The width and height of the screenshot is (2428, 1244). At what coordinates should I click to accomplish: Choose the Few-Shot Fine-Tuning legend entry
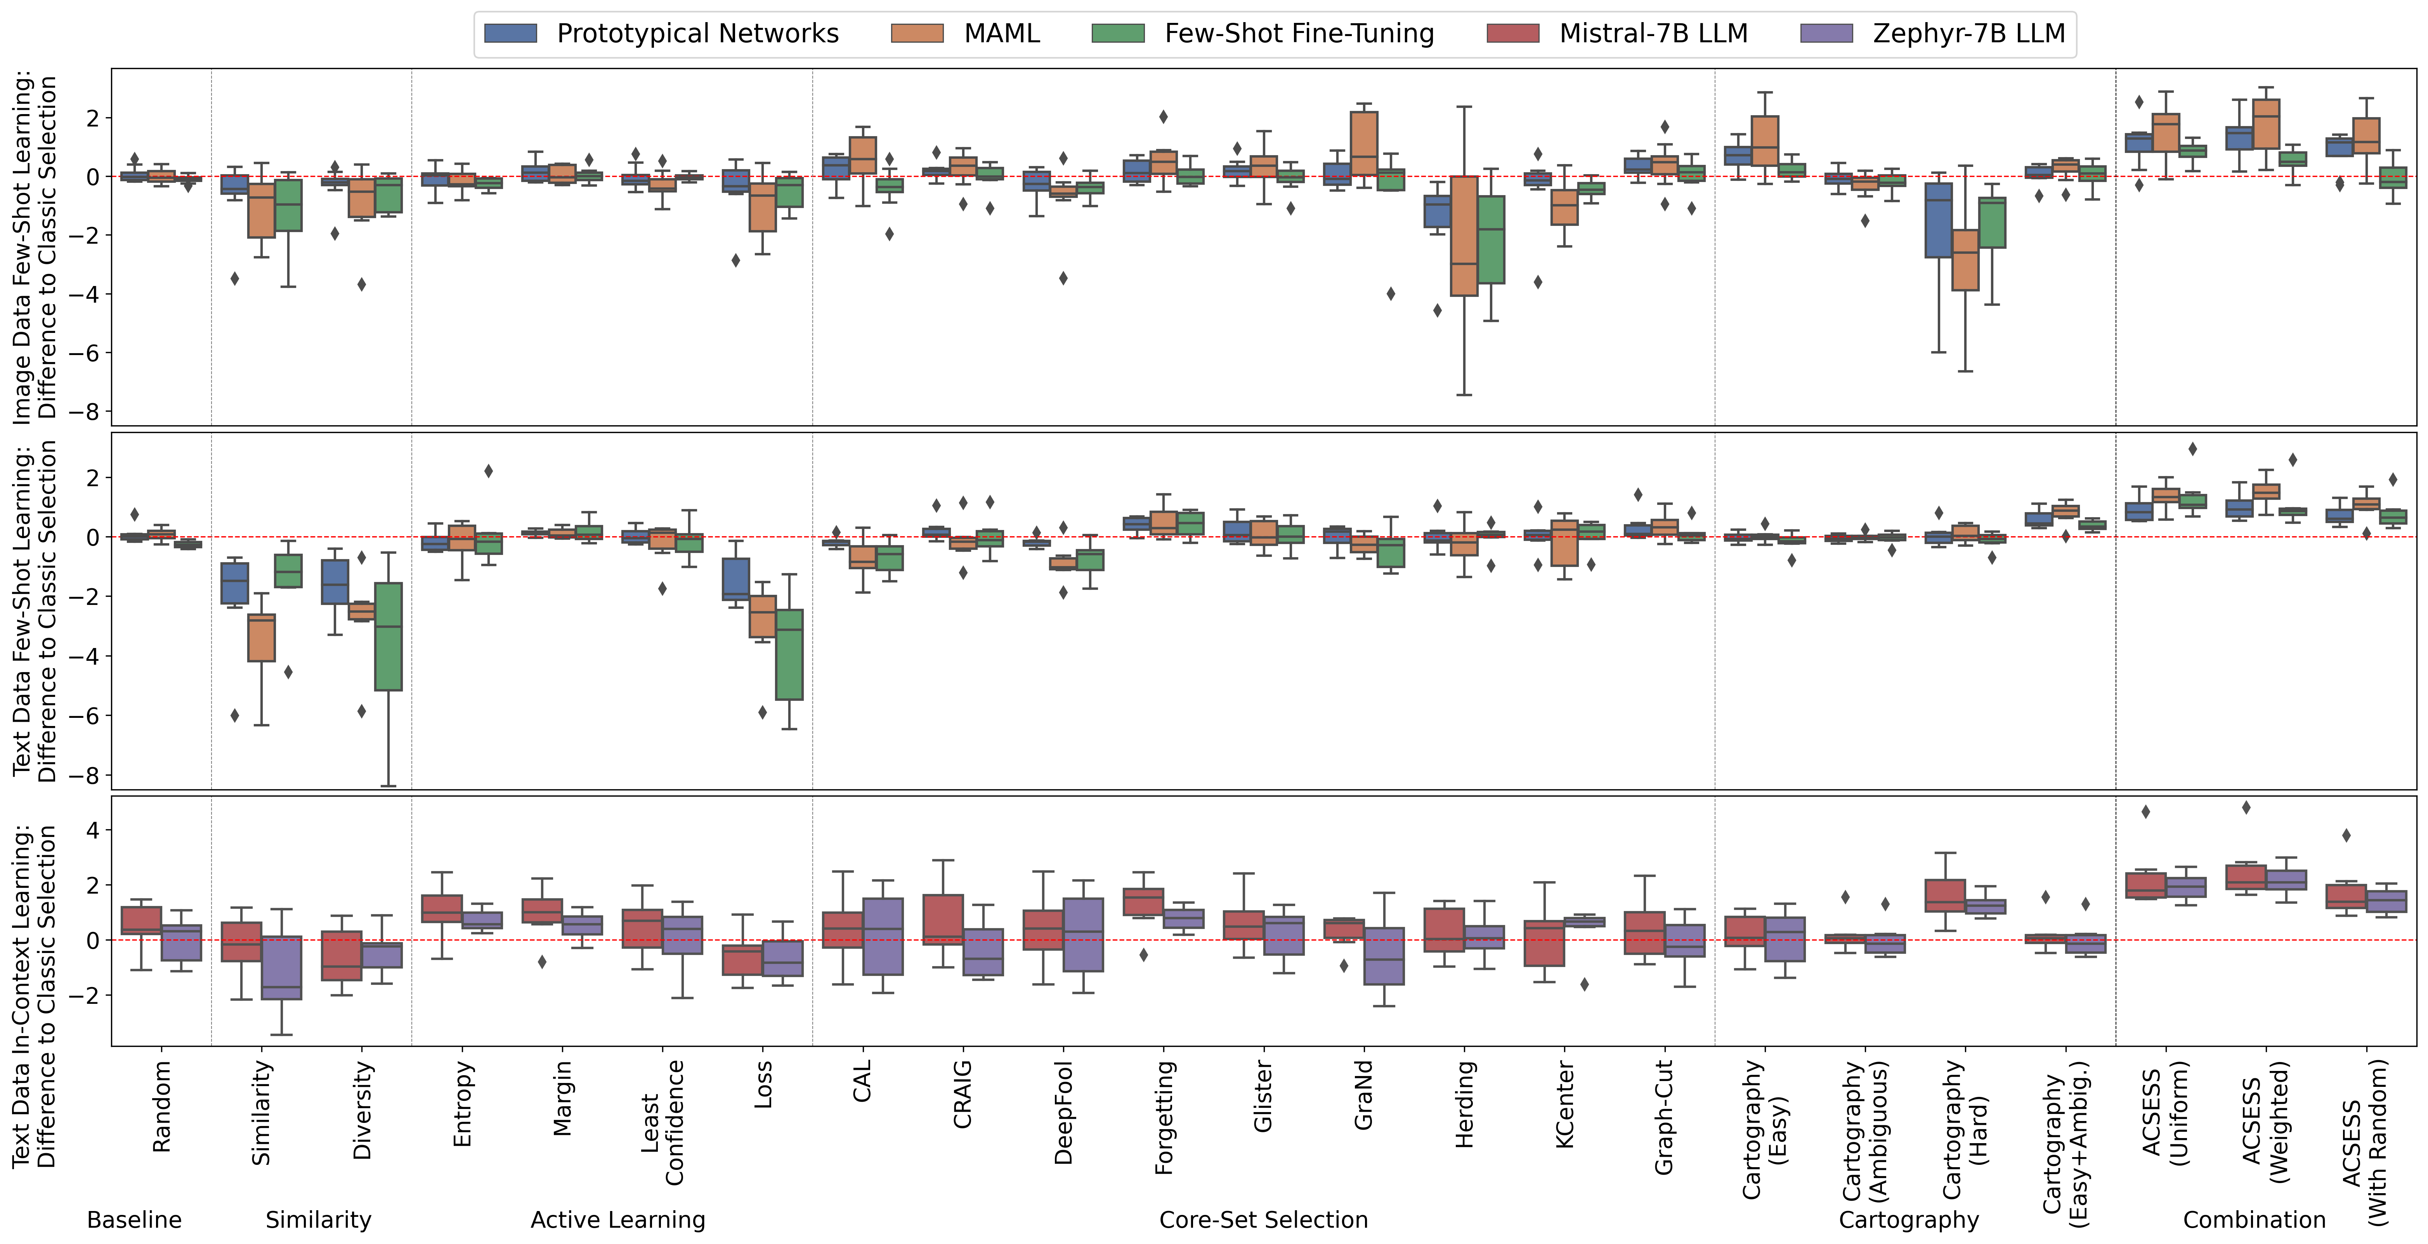tap(1263, 34)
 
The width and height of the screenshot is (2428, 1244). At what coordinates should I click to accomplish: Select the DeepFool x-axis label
tap(1063, 1112)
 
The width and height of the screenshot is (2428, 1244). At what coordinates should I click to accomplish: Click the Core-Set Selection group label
tap(1263, 1220)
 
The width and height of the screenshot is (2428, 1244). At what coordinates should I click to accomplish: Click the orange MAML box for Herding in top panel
tap(1464, 236)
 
